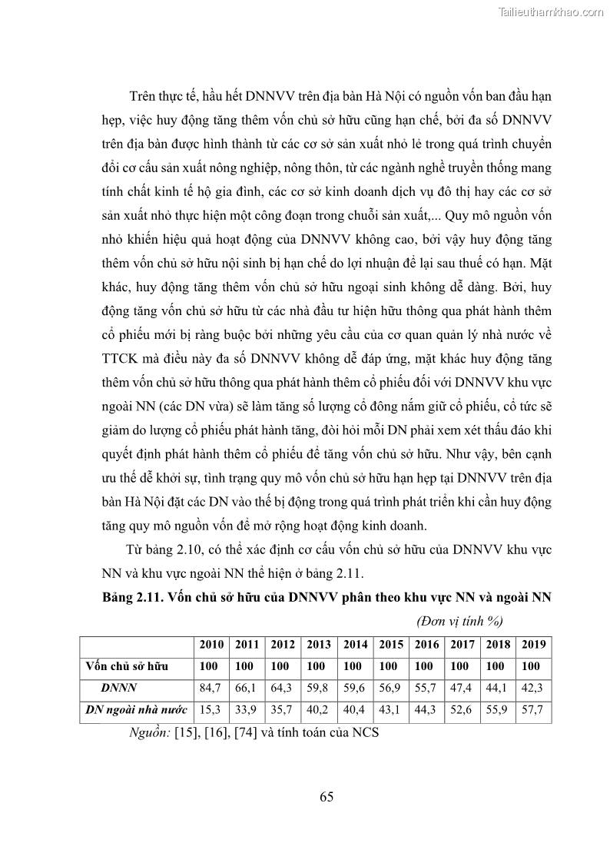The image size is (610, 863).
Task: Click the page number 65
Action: coord(327,796)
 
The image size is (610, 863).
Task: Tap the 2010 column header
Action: coord(211,645)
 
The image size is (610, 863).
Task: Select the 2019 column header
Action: coord(534,645)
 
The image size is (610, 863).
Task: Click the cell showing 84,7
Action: coord(211,689)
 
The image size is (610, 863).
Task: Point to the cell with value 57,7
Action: coord(534,711)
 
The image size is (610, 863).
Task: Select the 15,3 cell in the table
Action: coord(211,711)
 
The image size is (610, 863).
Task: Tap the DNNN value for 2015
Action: coord(390,689)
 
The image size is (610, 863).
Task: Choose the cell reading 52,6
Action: coord(462,711)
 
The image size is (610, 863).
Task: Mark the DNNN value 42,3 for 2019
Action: coord(534,689)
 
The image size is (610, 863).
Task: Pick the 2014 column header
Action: coord(355,645)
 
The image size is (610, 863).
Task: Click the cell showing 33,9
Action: coord(247,711)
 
